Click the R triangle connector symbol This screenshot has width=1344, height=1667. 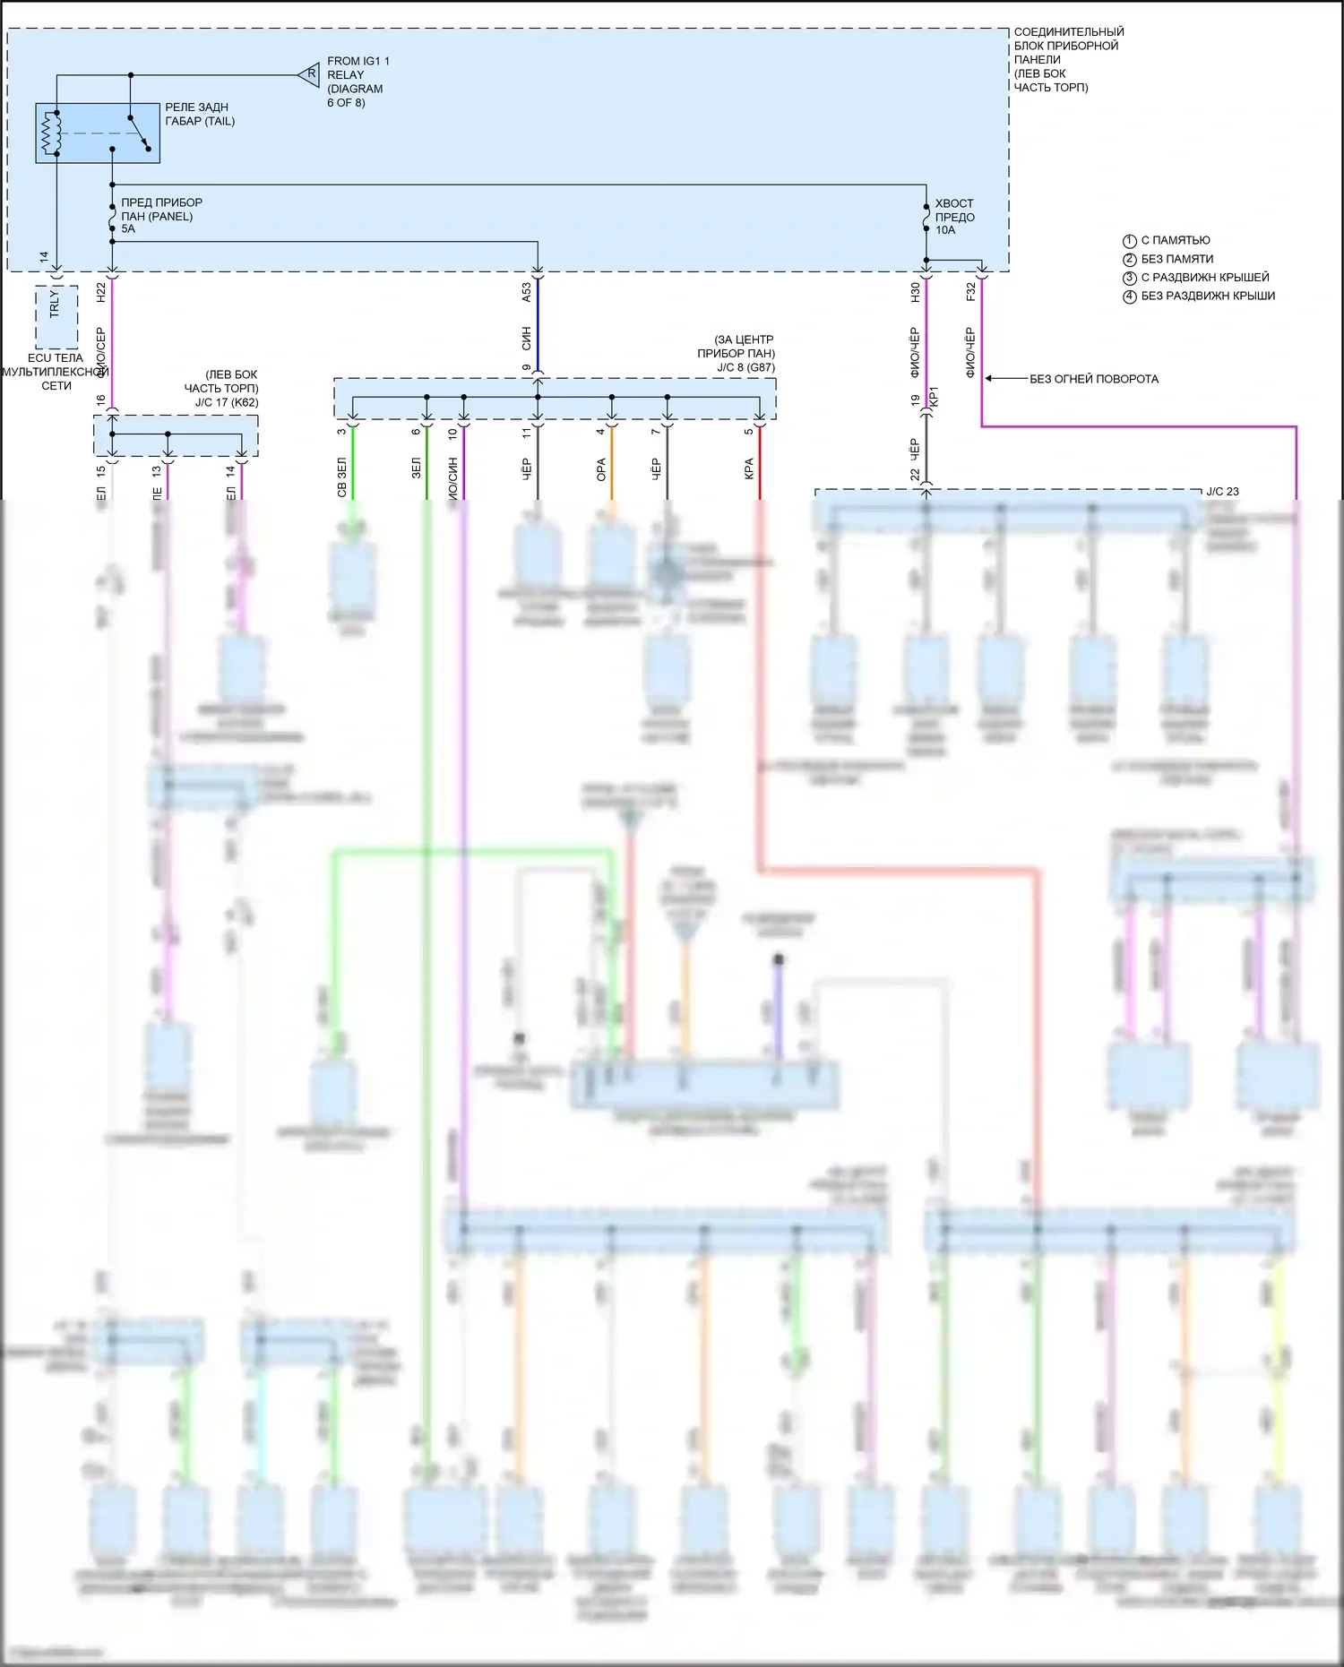pyautogui.click(x=310, y=74)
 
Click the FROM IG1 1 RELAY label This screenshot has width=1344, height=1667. pyautogui.click(x=358, y=82)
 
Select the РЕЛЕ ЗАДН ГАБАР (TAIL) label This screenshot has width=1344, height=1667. pyautogui.click(x=200, y=114)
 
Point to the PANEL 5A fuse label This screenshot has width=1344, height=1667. pyautogui.click(x=161, y=215)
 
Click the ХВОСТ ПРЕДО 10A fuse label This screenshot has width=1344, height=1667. pyautogui.click(x=954, y=217)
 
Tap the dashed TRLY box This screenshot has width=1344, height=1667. pyautogui.click(x=56, y=316)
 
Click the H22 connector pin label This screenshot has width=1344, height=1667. pyautogui.click(x=101, y=291)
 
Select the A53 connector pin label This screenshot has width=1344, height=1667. pyautogui.click(x=527, y=291)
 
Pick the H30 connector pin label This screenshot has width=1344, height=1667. pyautogui.click(x=916, y=291)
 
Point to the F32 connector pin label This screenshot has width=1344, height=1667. pyautogui.click(x=971, y=291)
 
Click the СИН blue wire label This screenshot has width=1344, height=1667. pyautogui.click(x=527, y=338)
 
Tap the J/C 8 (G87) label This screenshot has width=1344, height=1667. pyautogui.click(x=745, y=367)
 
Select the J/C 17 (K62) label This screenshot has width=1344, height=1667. pyautogui.click(x=227, y=402)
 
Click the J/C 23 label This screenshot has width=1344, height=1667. pyautogui.click(x=1222, y=492)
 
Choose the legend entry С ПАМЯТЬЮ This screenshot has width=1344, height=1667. pyautogui.click(x=1175, y=240)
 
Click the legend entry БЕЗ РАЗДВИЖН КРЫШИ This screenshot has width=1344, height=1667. pyautogui.click(x=1207, y=296)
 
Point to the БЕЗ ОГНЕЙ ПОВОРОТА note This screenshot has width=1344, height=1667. pyautogui.click(x=1093, y=379)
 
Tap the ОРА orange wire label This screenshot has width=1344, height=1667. pyautogui.click(x=601, y=469)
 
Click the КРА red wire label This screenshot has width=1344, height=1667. pyautogui.click(x=749, y=469)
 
